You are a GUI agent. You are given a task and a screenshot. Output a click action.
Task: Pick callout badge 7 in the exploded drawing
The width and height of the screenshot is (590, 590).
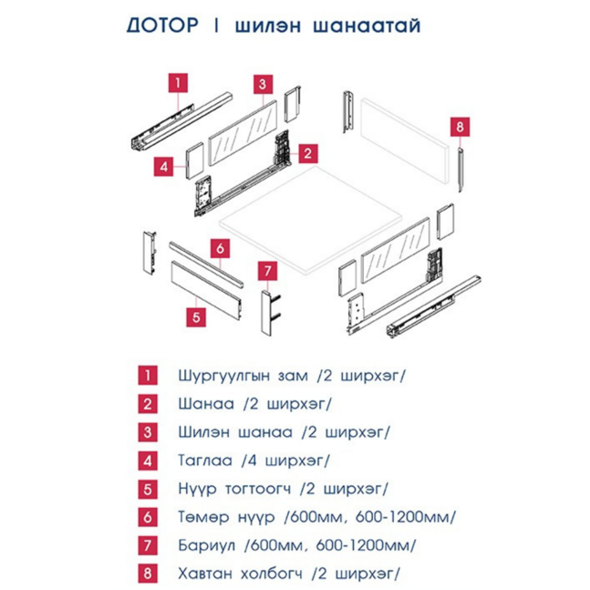pos(266,271)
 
